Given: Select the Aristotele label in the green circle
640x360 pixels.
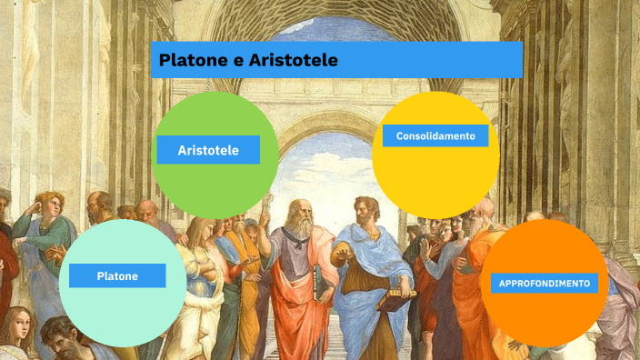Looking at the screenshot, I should click(x=208, y=150).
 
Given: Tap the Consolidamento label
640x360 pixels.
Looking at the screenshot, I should click(x=435, y=135).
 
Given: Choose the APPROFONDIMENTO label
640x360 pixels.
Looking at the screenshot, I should click(x=545, y=283).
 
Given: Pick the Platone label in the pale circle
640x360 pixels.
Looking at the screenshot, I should click(x=117, y=275).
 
